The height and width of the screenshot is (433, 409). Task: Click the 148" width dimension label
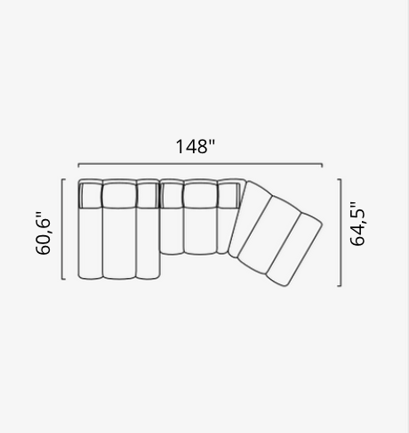pos(195,147)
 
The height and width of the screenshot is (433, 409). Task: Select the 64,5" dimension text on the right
pos(357,225)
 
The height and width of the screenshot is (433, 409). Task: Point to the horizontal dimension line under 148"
pos(200,165)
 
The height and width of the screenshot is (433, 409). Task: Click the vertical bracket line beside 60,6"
pos(62,229)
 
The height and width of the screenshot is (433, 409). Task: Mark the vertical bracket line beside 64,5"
pos(341,233)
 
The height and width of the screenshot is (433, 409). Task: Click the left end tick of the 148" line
pos(78,165)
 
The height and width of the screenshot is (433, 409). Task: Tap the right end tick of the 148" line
pos(322,165)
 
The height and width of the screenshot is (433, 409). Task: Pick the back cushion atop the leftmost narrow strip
pos(90,193)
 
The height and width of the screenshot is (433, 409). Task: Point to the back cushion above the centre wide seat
pos(199,193)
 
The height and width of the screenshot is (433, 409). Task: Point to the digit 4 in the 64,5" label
pos(357,232)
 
